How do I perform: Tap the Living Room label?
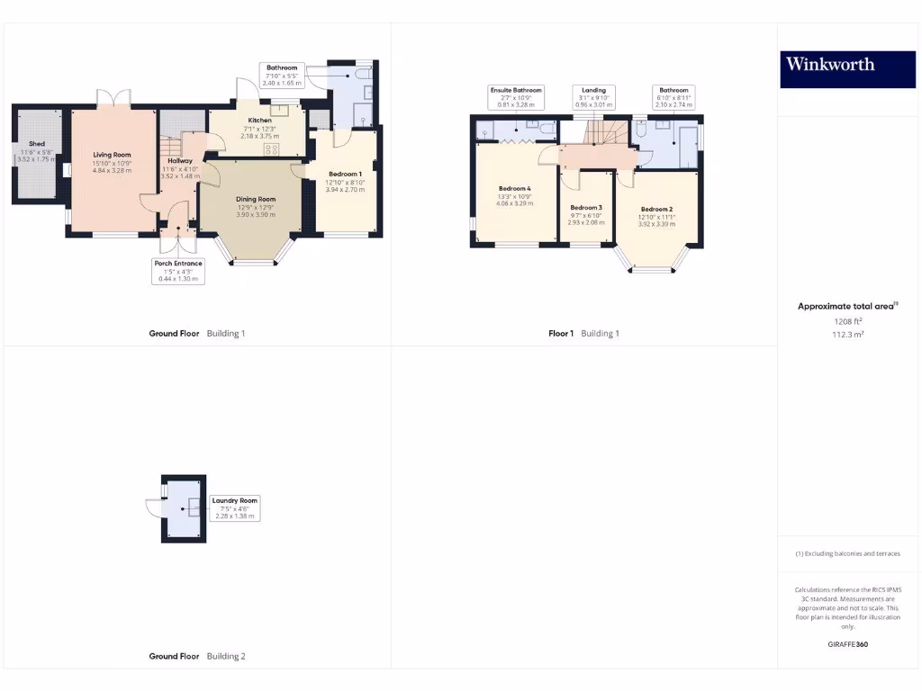[x=113, y=155]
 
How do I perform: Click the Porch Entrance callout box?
[x=177, y=271]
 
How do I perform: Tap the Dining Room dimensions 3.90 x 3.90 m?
[x=256, y=214]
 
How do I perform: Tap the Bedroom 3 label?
[x=585, y=208]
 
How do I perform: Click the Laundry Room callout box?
[x=235, y=507]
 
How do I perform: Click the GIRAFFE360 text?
[x=847, y=644]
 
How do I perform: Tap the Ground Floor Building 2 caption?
[x=196, y=657]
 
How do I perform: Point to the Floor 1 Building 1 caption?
[x=583, y=334]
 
